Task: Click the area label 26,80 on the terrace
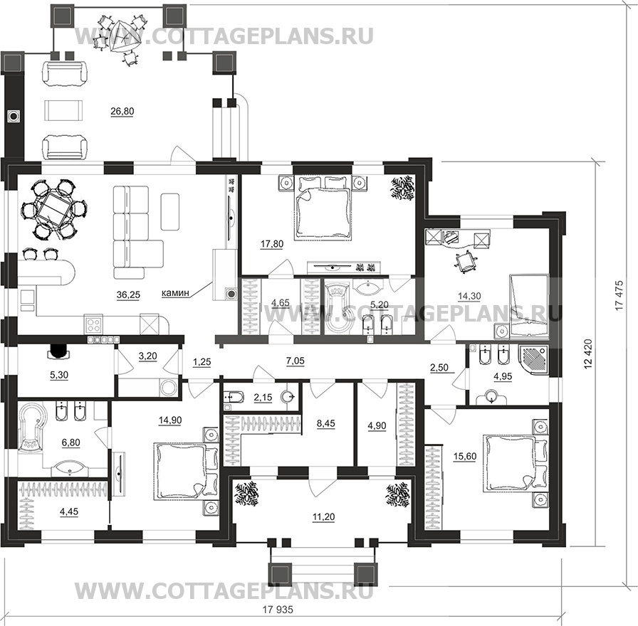(122, 112)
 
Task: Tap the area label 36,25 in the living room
(128, 295)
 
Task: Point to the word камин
(175, 292)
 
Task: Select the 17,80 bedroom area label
(272, 244)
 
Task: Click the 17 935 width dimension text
(278, 610)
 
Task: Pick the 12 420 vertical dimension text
(587, 354)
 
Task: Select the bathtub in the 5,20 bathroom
(337, 307)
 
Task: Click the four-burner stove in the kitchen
(94, 324)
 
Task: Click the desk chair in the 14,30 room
(465, 260)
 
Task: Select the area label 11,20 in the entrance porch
(323, 517)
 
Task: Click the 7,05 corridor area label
(296, 361)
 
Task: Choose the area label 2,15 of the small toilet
(263, 397)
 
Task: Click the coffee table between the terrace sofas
(64, 110)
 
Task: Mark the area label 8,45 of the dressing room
(325, 423)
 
